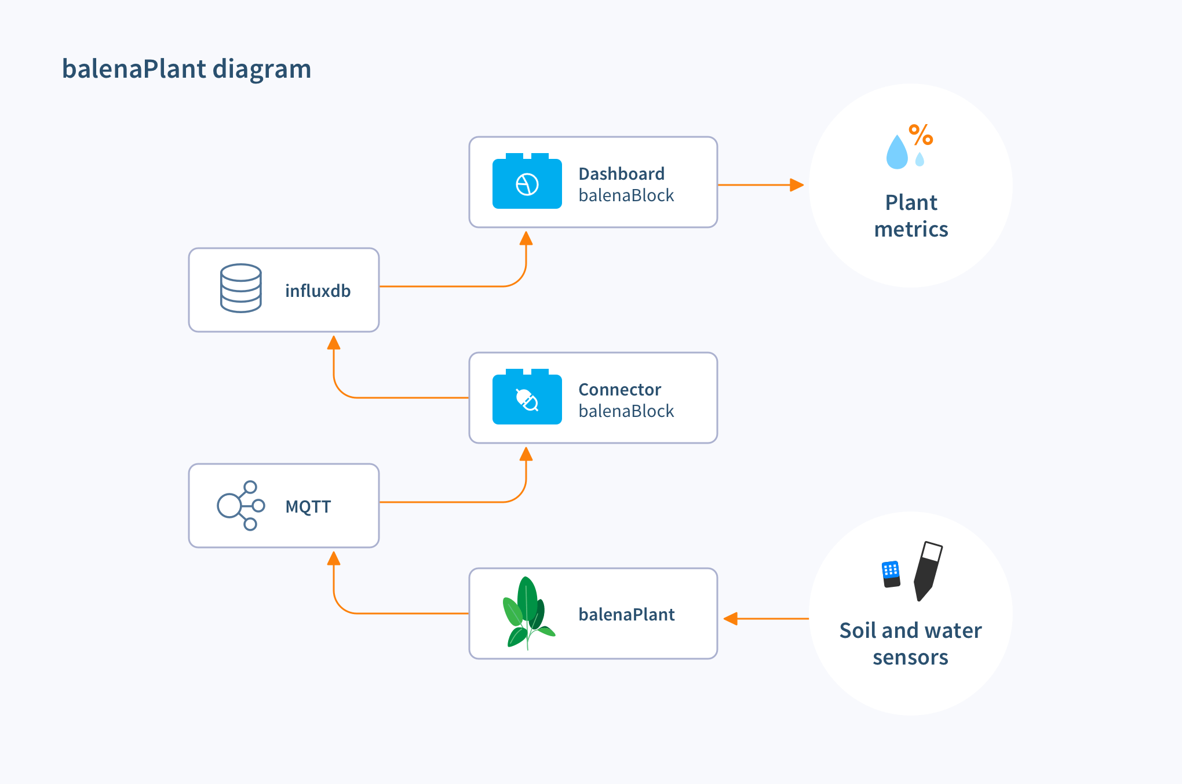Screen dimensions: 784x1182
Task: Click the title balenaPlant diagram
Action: point(186,69)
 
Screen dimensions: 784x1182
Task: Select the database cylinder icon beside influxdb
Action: point(241,288)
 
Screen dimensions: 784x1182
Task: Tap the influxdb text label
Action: point(318,291)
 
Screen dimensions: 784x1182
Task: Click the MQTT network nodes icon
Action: point(241,506)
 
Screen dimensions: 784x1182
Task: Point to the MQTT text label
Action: point(308,507)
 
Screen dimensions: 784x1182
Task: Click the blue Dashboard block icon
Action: point(527,182)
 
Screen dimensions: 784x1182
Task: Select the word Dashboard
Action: point(621,173)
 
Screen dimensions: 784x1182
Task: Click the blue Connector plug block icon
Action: point(527,398)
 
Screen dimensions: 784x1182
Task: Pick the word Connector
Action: point(619,389)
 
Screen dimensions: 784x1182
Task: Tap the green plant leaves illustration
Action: point(527,612)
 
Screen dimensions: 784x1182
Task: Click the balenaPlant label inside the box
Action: point(626,614)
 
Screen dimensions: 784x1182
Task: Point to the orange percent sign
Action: point(921,135)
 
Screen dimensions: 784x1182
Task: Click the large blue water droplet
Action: point(897,153)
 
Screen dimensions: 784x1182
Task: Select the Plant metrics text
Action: point(911,216)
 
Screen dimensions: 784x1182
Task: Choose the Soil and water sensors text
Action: point(910,644)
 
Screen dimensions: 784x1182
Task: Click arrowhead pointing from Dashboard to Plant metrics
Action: point(797,185)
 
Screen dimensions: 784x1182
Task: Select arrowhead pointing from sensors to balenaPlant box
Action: point(731,619)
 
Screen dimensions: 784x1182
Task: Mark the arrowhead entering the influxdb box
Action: point(334,343)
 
